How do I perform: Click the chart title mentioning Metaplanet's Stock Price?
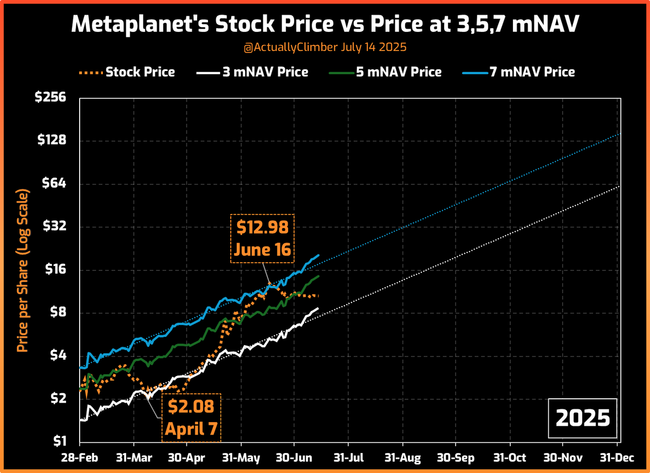click(325, 24)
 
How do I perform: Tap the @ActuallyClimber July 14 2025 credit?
click(325, 48)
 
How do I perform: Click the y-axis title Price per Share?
click(22, 270)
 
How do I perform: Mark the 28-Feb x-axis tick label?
click(79, 458)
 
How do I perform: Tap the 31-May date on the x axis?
click(240, 458)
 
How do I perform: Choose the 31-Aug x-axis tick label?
click(402, 458)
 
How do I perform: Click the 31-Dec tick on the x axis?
click(616, 458)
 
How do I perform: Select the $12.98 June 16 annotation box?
click(263, 238)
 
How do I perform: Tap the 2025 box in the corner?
click(583, 418)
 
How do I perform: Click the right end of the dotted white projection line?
click(620, 186)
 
